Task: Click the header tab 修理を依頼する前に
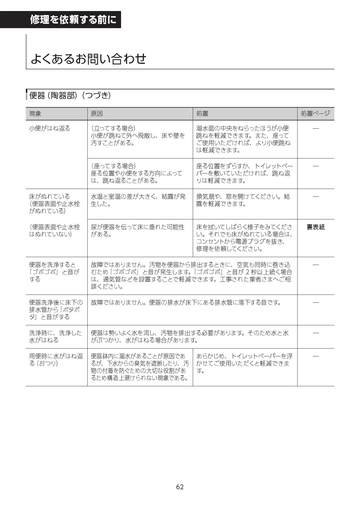pos(73,20)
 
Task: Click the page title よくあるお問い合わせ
pos(88,59)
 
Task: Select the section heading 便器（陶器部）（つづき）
pos(70,95)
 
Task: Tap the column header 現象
pos(35,114)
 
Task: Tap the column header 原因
pos(97,114)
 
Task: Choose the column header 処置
pos(202,114)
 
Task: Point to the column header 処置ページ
pos(315,113)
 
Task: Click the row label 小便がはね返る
pos(50,128)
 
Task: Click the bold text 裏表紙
pos(316,227)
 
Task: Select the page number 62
pos(180,487)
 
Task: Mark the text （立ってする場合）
pos(113,128)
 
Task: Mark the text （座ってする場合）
pos(113,166)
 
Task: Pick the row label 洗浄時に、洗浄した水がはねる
pos(55,337)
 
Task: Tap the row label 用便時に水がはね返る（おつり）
pos(56,360)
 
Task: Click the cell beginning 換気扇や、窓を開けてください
pos(243,200)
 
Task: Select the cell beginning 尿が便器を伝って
pos(138,231)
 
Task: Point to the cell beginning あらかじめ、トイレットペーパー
pos(244,363)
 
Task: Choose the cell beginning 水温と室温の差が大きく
pos(138,200)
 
